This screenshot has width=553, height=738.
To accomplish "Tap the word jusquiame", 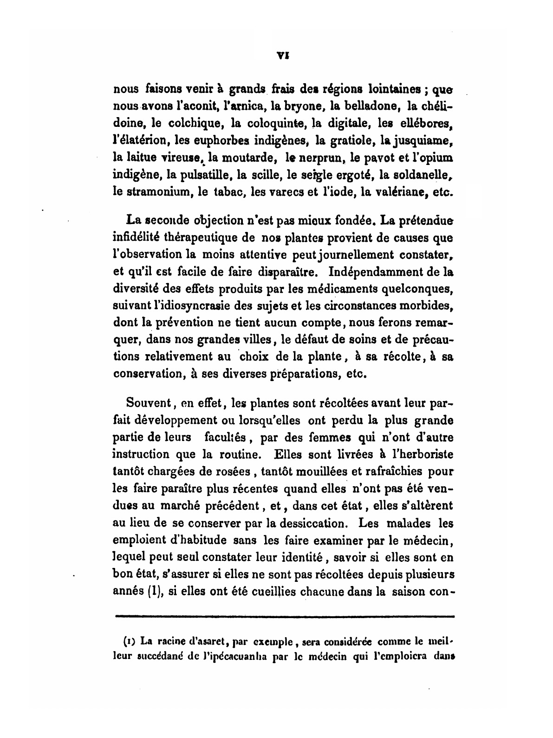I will click(427, 140).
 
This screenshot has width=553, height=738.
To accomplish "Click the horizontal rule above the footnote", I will click(284, 617).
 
